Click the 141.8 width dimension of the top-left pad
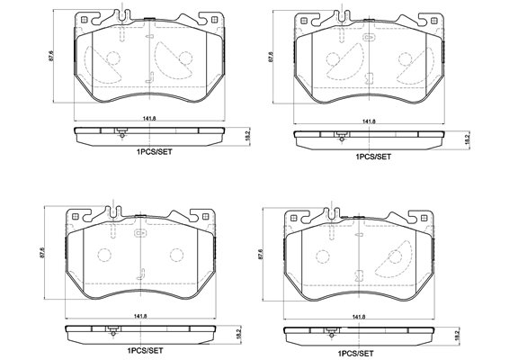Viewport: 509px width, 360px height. coord(149,119)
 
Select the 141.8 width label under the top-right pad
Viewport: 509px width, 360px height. coord(369,121)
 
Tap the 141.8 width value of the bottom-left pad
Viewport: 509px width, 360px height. coord(140,316)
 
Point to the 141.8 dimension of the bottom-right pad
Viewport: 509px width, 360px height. coord(359,317)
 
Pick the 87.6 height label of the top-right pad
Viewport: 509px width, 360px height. coord(271,57)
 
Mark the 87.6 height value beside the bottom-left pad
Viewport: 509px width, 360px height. coord(41,253)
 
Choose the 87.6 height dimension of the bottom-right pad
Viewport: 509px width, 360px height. coord(260,254)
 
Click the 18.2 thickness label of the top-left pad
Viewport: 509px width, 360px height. coord(247,136)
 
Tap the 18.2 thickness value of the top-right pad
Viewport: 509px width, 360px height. coord(467,139)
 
